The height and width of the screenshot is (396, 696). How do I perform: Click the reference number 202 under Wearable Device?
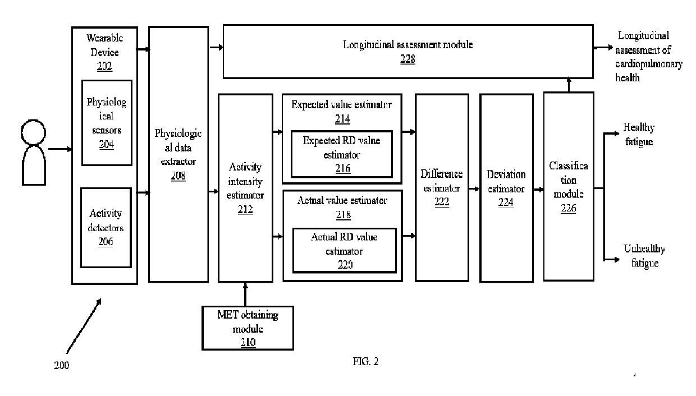(x=104, y=66)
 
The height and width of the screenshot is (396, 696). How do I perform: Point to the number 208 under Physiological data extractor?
(x=178, y=176)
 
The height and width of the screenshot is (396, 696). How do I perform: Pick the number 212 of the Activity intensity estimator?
(x=245, y=209)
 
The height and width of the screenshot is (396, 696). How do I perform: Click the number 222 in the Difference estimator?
(x=442, y=202)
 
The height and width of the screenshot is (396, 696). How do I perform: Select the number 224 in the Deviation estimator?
(x=506, y=202)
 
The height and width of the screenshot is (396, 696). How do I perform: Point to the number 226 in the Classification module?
(x=568, y=208)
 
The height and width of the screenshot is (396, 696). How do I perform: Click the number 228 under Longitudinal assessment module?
(x=407, y=59)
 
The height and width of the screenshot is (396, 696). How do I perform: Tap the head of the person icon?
(x=33, y=132)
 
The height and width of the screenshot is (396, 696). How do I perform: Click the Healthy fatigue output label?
(x=639, y=135)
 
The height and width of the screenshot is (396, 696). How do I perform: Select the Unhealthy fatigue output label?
(x=644, y=256)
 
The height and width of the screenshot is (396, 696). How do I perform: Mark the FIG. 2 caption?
(x=365, y=361)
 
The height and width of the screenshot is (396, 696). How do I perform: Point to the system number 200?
(x=62, y=365)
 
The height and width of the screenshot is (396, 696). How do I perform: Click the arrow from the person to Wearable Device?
(x=60, y=149)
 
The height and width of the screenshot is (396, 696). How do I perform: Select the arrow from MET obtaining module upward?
(x=245, y=294)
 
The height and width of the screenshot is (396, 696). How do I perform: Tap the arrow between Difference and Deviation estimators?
(x=474, y=188)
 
